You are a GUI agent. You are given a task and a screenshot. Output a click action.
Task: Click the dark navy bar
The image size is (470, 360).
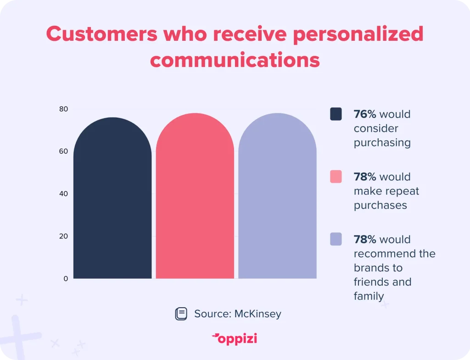(x=112, y=198)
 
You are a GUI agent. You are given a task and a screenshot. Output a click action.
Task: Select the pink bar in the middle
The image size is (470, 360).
(x=195, y=196)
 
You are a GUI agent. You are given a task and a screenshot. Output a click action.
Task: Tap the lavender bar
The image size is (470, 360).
(x=277, y=196)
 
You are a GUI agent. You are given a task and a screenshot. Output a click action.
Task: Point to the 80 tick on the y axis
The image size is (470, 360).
(x=63, y=109)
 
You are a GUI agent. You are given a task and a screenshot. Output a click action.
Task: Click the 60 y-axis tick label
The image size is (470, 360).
(x=63, y=151)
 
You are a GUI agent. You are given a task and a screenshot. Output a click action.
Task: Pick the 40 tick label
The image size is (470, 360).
(x=63, y=194)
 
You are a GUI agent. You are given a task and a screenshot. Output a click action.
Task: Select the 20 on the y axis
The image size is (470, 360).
(x=63, y=236)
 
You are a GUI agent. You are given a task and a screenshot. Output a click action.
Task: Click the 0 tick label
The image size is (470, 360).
(x=66, y=279)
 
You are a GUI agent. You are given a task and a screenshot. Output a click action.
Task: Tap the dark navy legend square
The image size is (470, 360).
(x=336, y=114)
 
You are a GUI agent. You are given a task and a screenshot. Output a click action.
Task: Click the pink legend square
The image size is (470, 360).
(x=336, y=177)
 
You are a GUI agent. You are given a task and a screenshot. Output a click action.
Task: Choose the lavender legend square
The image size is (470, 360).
(x=336, y=239)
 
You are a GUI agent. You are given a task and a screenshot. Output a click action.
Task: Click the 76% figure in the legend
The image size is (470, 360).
(x=365, y=114)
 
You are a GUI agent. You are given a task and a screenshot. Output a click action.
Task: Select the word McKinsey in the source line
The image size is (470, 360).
(x=258, y=314)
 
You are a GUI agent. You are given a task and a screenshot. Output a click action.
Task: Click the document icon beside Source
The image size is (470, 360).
(x=181, y=314)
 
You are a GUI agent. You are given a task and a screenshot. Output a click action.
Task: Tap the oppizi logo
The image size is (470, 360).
(x=235, y=339)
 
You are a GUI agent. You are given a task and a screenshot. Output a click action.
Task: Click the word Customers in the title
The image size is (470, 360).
(x=101, y=34)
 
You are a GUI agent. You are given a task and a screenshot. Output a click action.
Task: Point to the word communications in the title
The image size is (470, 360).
(x=235, y=60)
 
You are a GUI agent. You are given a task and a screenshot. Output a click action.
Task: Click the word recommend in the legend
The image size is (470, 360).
(x=385, y=253)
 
